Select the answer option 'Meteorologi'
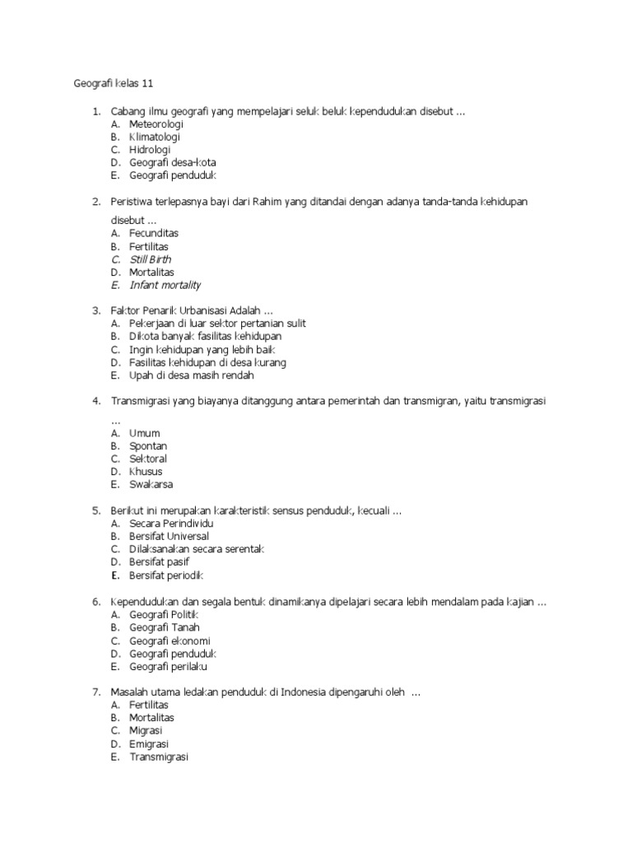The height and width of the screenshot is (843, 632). coord(156,123)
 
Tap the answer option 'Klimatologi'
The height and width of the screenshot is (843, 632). coord(154,137)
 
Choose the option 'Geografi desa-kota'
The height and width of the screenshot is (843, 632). coord(172,162)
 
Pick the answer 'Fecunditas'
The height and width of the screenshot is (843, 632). coord(154,233)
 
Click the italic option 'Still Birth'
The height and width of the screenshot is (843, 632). coord(151,259)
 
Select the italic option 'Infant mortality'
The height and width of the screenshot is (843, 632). coord(165,285)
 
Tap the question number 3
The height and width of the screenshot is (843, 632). coord(95,310)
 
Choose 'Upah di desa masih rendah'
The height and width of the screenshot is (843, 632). coord(191,375)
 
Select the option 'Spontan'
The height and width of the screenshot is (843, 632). coord(148,445)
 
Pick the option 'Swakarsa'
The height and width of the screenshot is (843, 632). coord(151,484)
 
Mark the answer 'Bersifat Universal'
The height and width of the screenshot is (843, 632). coord(169,536)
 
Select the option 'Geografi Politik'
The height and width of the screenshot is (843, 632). coord(164,614)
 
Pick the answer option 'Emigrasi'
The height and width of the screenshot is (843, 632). coord(149,743)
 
